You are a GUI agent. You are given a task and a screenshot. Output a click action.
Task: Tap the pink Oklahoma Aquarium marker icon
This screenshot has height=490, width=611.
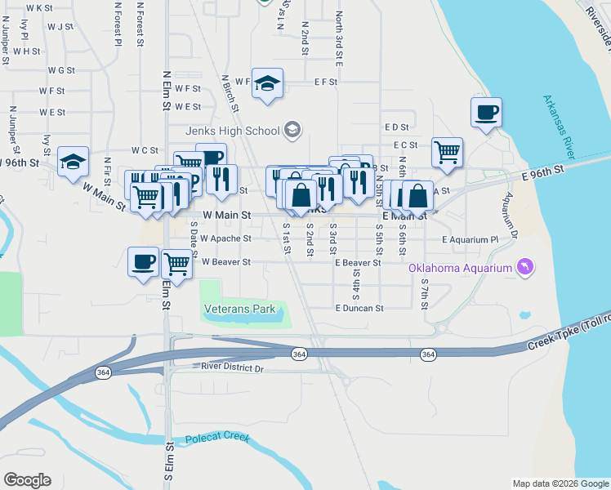524,267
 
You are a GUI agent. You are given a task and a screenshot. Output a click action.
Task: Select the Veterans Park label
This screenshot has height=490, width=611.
239,310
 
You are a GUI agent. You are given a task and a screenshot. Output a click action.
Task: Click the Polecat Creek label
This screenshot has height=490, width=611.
216,439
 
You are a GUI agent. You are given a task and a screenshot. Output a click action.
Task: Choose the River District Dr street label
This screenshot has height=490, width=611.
233,369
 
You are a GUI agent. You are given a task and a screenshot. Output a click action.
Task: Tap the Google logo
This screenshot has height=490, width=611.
27,480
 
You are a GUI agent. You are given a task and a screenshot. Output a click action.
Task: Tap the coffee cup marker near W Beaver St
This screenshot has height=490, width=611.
144,261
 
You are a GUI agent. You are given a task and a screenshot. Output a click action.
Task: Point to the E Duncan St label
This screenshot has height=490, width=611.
359,309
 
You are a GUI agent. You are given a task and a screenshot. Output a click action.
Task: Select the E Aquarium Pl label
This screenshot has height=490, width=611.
470,240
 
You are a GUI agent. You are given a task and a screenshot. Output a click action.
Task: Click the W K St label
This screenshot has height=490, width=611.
39,7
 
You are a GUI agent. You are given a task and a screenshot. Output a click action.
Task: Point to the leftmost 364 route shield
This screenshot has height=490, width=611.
103,372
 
